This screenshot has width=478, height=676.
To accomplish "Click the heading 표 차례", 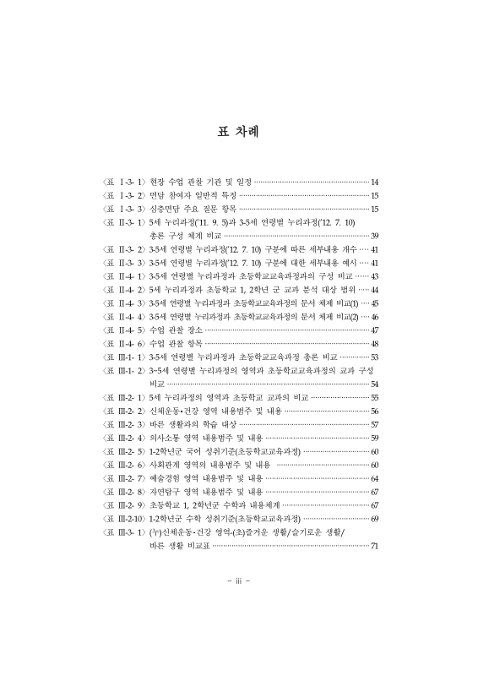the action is point(239,133).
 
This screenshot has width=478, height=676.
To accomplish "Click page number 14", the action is point(375,182).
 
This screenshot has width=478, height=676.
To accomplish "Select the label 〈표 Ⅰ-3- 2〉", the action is point(122,195).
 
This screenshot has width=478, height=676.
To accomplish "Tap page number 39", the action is point(375,236).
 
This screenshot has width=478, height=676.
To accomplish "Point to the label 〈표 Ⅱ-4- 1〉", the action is point(122,275).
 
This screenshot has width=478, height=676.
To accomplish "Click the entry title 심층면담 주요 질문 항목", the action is point(190,209).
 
